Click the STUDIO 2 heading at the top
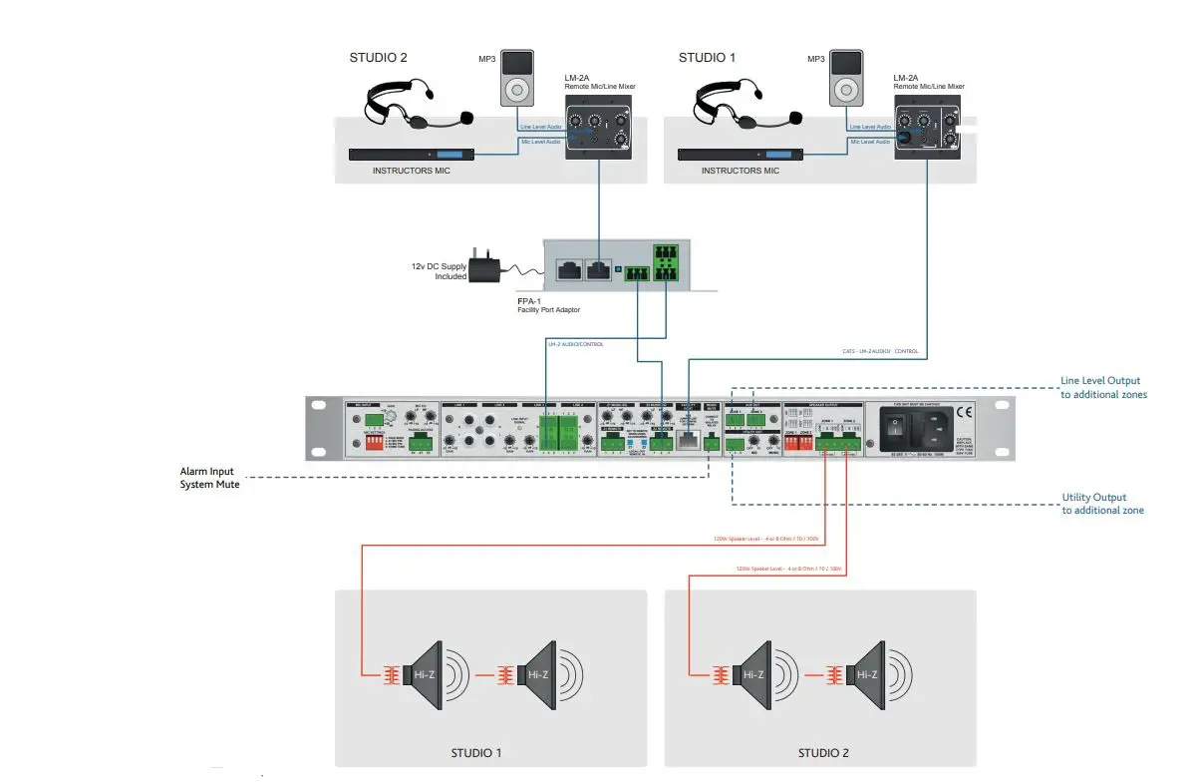pos(378,58)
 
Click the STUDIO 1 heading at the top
pos(707,58)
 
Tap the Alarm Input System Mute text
pos(209,477)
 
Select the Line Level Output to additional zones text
pos(1102,387)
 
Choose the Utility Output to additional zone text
pos(1102,504)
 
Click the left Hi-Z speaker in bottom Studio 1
pos(429,673)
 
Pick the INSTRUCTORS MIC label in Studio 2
pos(412,171)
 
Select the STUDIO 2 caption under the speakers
pos(822,753)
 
